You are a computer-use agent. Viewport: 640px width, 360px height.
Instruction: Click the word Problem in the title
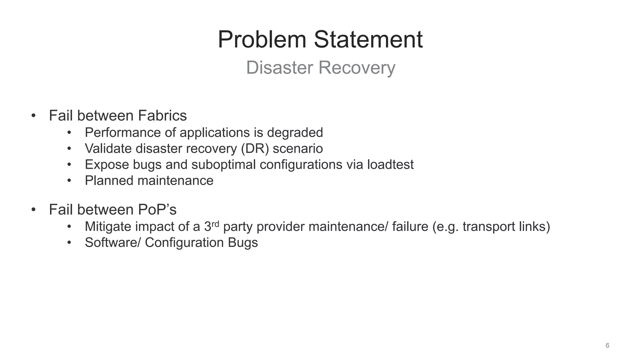click(x=262, y=40)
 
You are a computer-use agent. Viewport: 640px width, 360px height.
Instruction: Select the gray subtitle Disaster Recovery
click(x=321, y=67)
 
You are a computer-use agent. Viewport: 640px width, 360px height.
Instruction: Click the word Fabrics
click(x=162, y=116)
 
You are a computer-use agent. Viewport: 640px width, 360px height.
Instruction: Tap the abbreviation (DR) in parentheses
click(x=255, y=148)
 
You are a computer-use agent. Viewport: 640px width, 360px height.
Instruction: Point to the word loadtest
click(x=390, y=164)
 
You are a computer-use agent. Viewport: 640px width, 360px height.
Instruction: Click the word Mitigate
click(x=108, y=227)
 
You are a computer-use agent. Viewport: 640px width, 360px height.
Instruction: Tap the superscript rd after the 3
click(x=215, y=223)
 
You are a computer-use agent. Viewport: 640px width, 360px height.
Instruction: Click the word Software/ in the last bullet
click(x=113, y=242)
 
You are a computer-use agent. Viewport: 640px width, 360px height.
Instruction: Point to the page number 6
click(x=607, y=345)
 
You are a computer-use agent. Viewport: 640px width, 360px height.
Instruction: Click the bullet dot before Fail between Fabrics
click(x=33, y=116)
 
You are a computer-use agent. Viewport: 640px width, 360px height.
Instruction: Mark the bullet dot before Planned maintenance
click(x=69, y=181)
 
